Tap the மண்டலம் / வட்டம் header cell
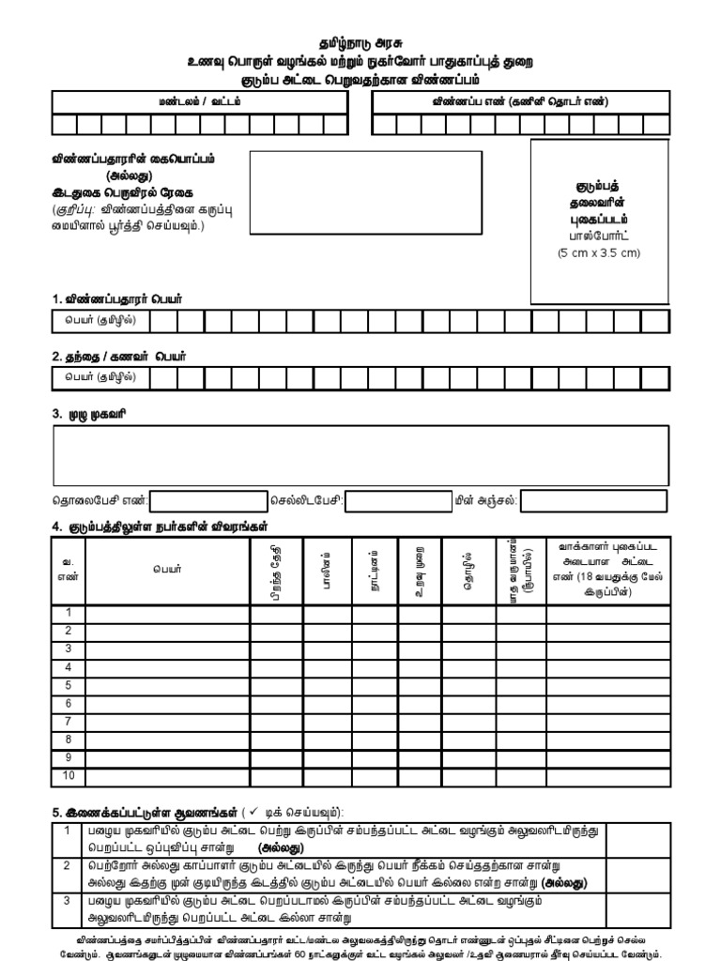click(199, 101)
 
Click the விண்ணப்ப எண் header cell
click(521, 101)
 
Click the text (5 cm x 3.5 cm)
click(599, 253)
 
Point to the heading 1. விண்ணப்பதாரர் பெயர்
click(117, 298)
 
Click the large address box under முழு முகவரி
click(360, 454)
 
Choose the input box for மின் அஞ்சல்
click(593, 501)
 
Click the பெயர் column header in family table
click(168, 569)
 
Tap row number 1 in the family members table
click(68, 613)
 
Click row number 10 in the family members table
click(68, 776)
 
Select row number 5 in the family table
click(68, 685)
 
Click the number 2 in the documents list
click(67, 865)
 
